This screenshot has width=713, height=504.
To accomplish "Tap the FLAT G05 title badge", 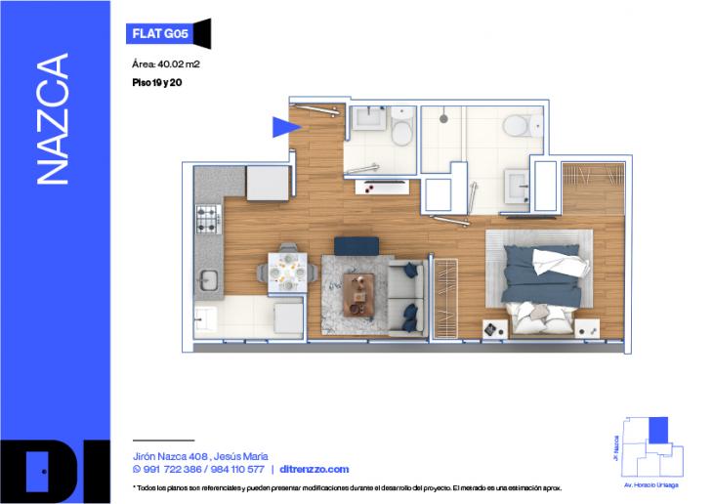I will [x=160, y=33].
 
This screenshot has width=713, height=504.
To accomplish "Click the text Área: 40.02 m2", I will [x=165, y=64].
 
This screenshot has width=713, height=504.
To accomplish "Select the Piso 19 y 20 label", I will [x=156, y=83].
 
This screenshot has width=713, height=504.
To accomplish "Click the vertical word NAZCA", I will [x=53, y=118].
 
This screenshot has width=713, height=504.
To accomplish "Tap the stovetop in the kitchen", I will [x=208, y=220].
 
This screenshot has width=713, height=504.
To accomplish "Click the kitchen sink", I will [x=208, y=280].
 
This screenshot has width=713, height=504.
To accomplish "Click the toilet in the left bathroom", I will [x=401, y=132].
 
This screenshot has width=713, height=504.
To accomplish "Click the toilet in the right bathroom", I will [x=517, y=127].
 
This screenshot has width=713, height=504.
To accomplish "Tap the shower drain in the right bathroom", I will [x=444, y=118].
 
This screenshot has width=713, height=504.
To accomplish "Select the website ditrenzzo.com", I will [x=314, y=469].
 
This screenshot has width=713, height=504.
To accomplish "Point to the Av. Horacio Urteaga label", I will [x=652, y=484].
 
